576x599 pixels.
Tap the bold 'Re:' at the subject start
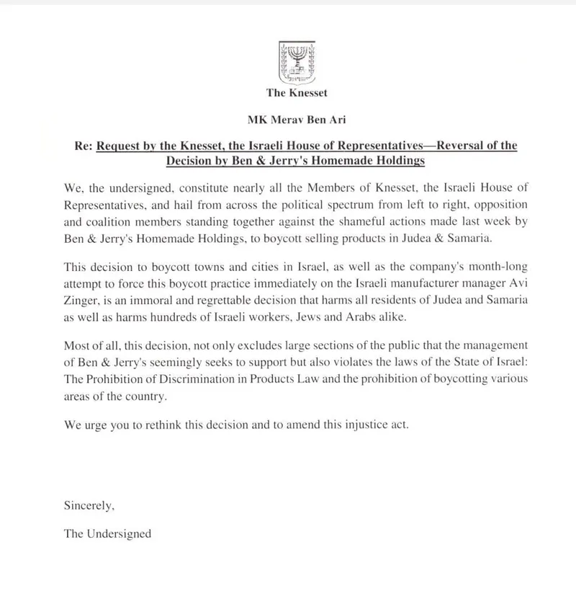click(84, 145)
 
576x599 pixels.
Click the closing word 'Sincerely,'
click(89, 505)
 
